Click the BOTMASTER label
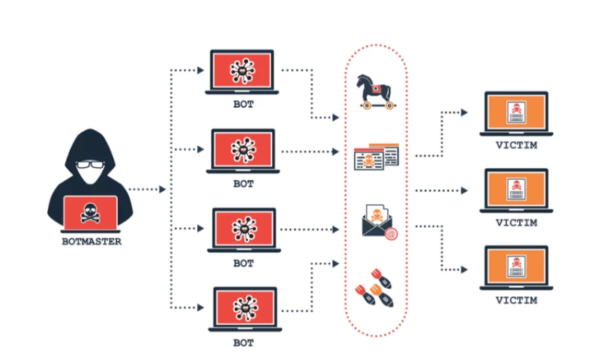[x=90, y=241]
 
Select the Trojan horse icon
[x=376, y=91]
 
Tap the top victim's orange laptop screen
[x=516, y=112]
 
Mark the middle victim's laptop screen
[x=516, y=189]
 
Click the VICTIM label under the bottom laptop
[x=516, y=301]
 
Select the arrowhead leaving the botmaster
[x=162, y=189]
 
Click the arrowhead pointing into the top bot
[x=200, y=71]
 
